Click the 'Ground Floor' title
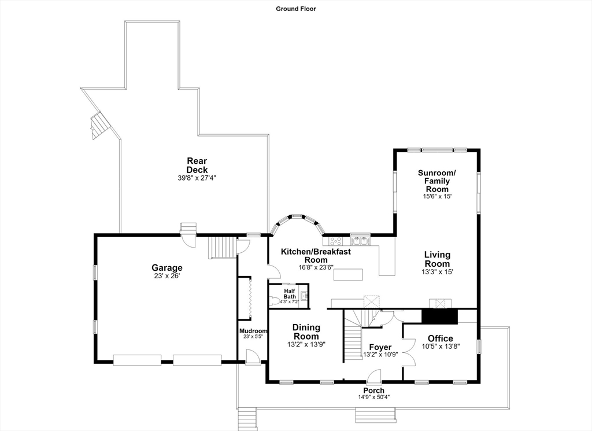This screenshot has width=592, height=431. pyautogui.click(x=295, y=9)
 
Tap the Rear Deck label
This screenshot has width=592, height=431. pyautogui.click(x=197, y=165)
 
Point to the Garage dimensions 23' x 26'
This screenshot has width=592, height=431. pyautogui.click(x=167, y=276)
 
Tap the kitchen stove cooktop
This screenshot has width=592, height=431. pyautogui.click(x=335, y=241)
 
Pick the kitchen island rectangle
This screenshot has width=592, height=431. pyautogui.click(x=347, y=274)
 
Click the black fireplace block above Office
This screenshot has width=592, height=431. pyautogui.click(x=439, y=316)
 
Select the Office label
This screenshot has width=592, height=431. pyautogui.click(x=440, y=338)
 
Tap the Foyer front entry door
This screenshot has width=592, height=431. pyautogui.click(x=374, y=377)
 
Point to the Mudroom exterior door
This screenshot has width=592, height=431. pyautogui.click(x=252, y=357)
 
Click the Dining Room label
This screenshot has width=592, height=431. pyautogui.click(x=306, y=331)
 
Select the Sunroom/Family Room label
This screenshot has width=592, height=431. pyautogui.click(x=437, y=181)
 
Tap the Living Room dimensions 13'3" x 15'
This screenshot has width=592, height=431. pyautogui.click(x=437, y=271)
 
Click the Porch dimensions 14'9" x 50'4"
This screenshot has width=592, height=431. pyautogui.click(x=374, y=397)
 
